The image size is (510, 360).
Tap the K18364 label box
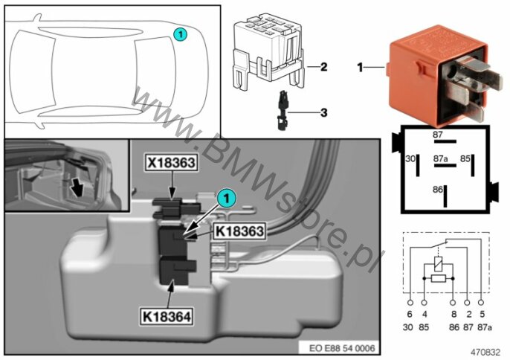point(168,317)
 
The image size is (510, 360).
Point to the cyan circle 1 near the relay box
point(228,197)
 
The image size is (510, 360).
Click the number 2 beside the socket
point(323,67)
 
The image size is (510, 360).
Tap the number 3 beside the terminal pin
point(323,113)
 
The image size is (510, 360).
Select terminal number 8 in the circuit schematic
point(454,303)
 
